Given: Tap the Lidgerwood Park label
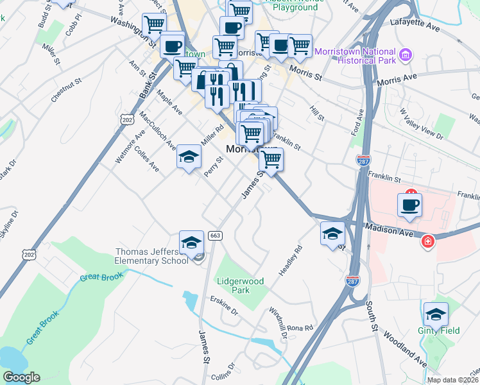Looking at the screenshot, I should pyautogui.click(x=241, y=286).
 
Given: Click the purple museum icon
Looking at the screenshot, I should pyautogui.click(x=405, y=56).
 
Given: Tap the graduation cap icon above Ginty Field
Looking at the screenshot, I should pyautogui.click(x=436, y=314).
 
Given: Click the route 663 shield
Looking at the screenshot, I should pyautogui.click(x=215, y=235).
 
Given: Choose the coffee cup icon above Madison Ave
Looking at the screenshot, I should pyautogui.click(x=410, y=205).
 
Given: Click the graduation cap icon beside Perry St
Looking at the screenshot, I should pyautogui.click(x=189, y=157).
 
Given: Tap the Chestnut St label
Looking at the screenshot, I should pyautogui.click(x=67, y=90).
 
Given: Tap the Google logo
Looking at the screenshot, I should pyautogui.click(x=21, y=377).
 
